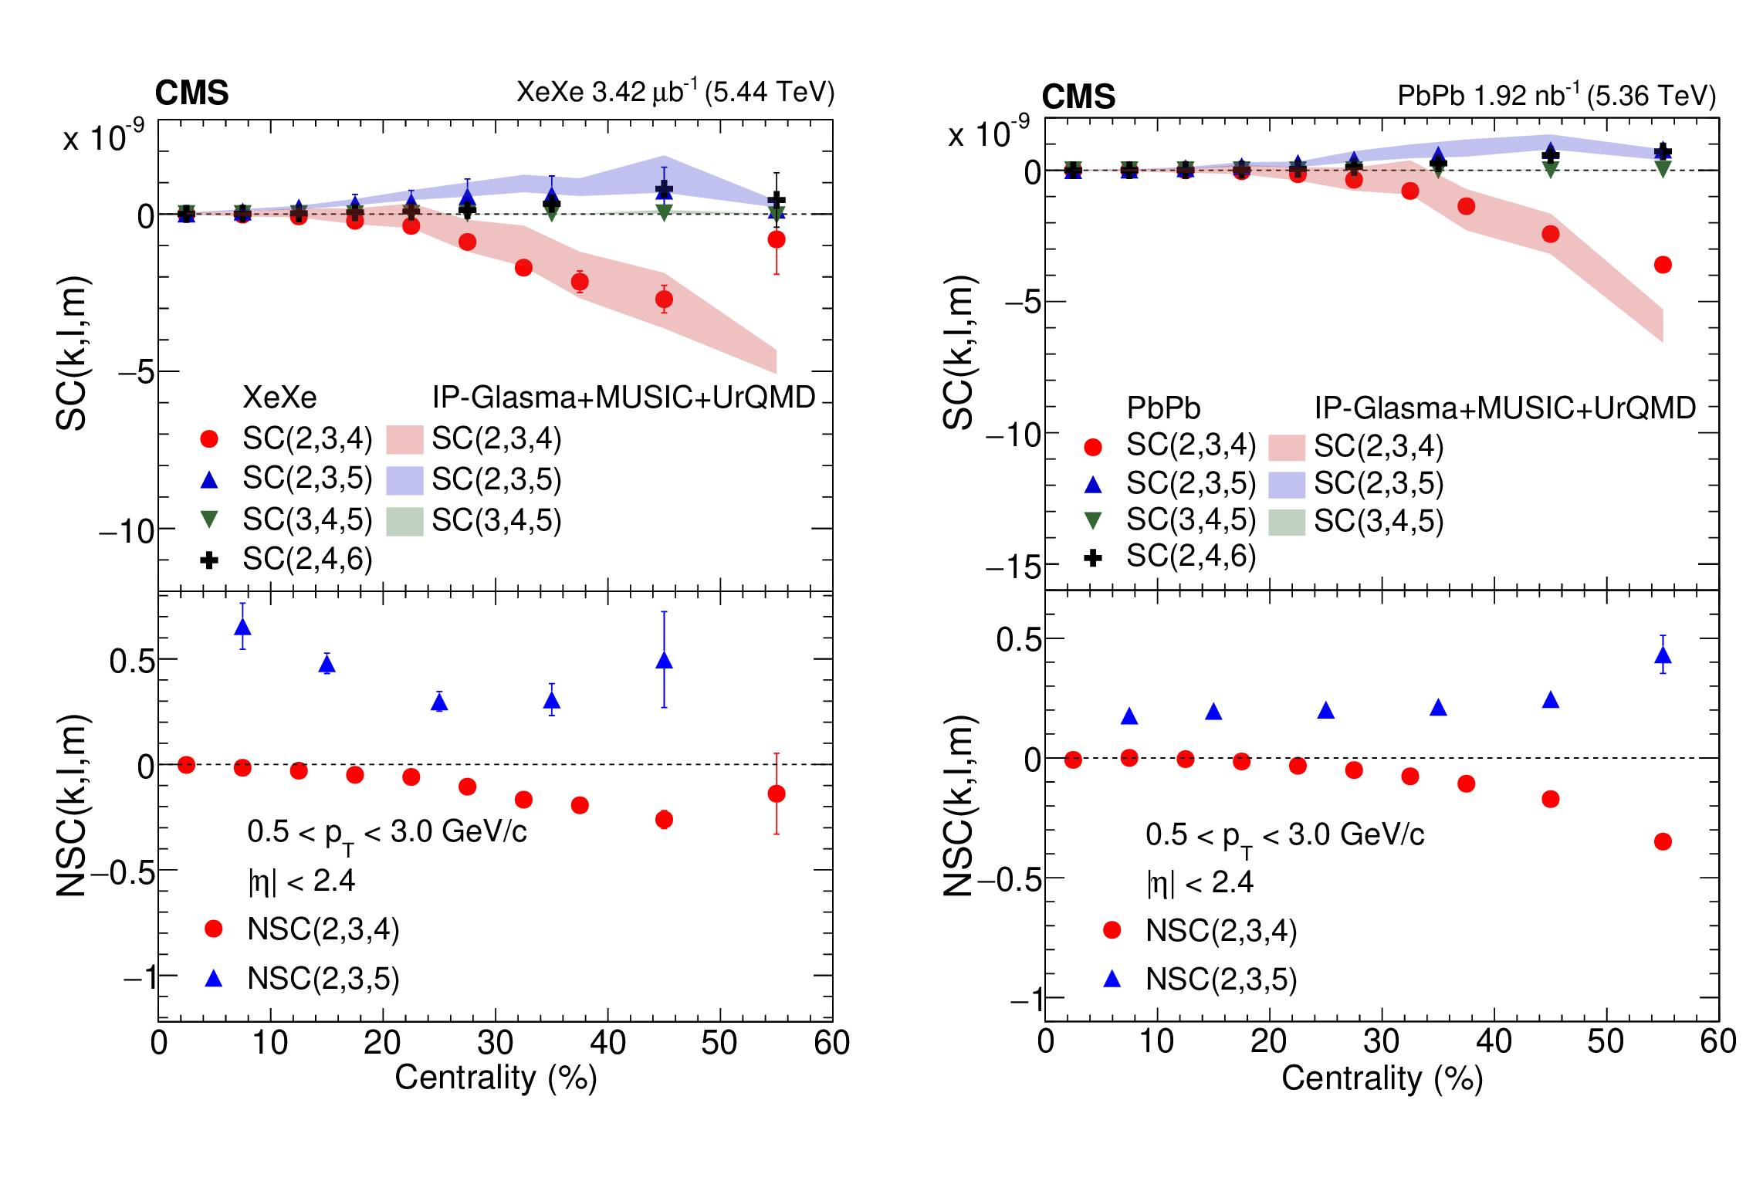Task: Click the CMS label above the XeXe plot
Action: (191, 93)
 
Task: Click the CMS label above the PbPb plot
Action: (1078, 97)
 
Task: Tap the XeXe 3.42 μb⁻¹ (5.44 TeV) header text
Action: (675, 92)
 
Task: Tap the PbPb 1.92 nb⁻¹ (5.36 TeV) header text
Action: (1556, 96)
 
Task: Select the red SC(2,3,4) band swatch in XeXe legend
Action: (404, 439)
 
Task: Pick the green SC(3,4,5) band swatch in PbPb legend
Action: (1286, 522)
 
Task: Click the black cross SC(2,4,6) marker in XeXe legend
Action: (208, 560)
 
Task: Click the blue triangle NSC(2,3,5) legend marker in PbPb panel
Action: (1112, 979)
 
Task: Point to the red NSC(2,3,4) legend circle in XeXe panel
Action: (214, 929)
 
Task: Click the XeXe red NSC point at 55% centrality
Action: (777, 794)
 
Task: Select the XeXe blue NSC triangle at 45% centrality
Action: (664, 661)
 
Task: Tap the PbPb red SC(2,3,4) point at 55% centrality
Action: (1663, 265)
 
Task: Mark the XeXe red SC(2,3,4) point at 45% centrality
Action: (664, 299)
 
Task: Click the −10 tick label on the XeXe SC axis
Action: (127, 531)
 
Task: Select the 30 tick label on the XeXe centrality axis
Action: (495, 1043)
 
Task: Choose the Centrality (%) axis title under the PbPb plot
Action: (1382, 1078)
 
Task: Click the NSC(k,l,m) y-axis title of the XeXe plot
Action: (71, 805)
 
